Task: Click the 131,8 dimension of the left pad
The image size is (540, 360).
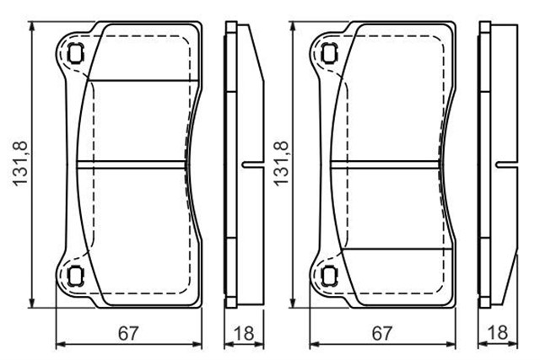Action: tap(20, 164)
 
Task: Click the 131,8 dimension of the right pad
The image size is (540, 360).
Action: tap(281, 164)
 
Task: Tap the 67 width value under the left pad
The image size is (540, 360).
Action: tap(128, 333)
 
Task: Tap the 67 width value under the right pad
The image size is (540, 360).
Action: tap(382, 333)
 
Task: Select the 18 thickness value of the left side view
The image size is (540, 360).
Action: tap(244, 333)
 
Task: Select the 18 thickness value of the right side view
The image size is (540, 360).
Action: tap(498, 333)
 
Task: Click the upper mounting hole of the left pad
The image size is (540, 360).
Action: tap(75, 54)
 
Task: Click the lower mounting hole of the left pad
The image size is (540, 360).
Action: tap(75, 276)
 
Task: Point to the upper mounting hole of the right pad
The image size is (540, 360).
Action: tap(329, 54)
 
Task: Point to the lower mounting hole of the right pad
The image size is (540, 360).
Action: tap(329, 276)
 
